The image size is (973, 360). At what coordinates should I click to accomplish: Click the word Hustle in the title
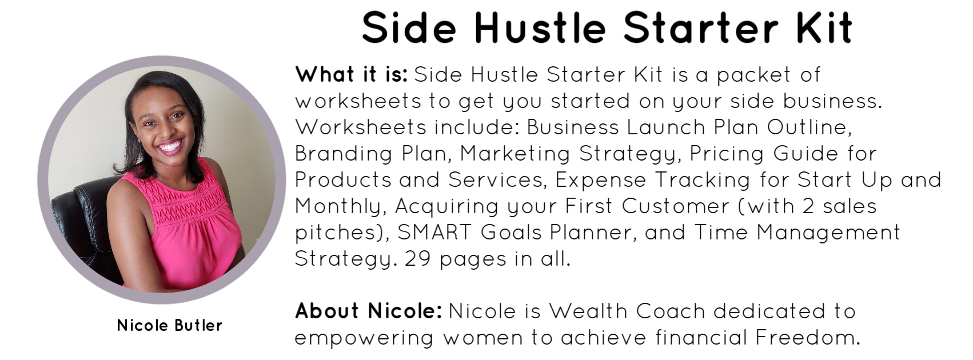[540, 28]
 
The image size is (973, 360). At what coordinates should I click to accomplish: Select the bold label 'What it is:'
[352, 74]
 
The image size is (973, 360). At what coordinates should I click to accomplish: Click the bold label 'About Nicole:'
[369, 311]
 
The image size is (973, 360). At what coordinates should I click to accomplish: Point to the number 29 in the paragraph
[417, 259]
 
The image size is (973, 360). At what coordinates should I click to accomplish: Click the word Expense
[601, 181]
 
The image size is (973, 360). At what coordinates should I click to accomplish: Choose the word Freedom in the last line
[808, 337]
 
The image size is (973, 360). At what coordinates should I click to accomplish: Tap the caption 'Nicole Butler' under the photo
[169, 325]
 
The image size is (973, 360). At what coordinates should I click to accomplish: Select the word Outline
[809, 127]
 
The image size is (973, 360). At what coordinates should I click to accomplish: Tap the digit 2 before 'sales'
[808, 206]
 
